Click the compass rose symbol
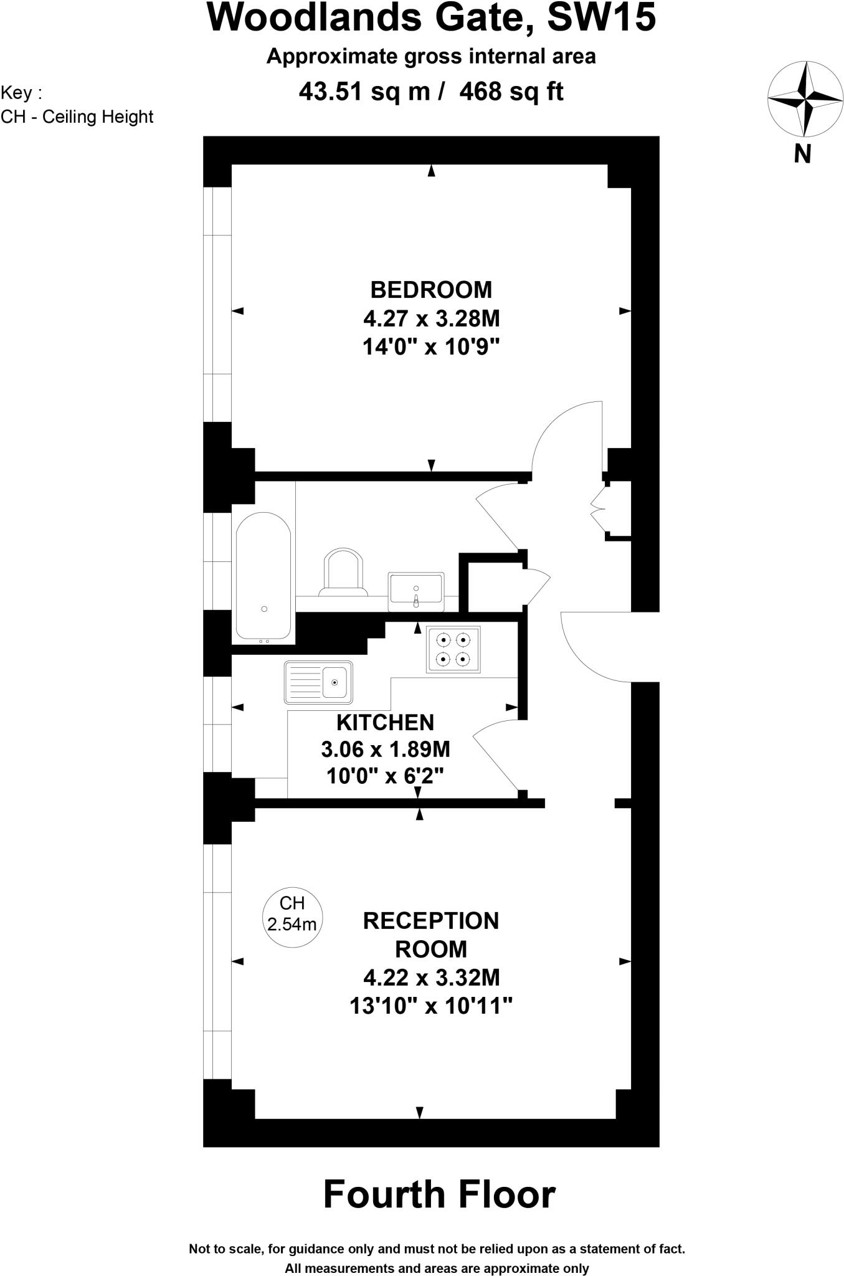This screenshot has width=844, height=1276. click(805, 99)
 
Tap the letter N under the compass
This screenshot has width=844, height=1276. click(802, 153)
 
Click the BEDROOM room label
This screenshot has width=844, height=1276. click(431, 290)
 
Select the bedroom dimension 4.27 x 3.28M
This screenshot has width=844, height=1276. click(431, 318)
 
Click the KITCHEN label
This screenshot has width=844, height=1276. click(385, 722)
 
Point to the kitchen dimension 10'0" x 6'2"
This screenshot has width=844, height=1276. click(385, 776)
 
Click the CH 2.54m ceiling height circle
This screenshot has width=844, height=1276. click(292, 913)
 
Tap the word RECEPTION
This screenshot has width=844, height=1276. click(431, 920)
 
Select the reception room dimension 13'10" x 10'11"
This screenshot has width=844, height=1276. click(431, 1006)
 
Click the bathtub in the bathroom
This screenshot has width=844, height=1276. click(263, 576)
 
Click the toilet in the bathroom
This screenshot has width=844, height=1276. click(342, 572)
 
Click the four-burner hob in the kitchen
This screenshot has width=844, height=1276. click(453, 649)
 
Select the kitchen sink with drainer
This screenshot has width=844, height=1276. click(318, 682)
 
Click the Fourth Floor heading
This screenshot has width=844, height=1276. click(439, 1194)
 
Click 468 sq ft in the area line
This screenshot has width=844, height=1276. click(511, 92)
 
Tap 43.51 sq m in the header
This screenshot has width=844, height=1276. click(364, 92)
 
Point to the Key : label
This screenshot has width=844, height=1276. click(21, 93)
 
